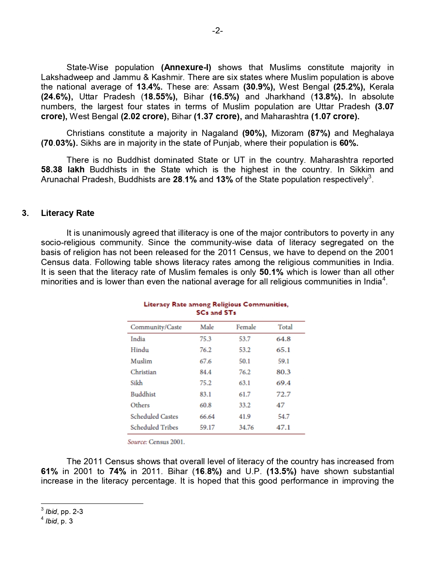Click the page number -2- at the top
(x=217, y=31)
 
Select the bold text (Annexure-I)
(x=186, y=67)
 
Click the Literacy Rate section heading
(x=68, y=213)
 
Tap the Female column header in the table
(x=246, y=327)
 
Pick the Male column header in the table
(x=207, y=327)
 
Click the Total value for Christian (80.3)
(x=283, y=372)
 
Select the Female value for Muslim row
(x=244, y=361)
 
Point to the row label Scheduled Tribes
(x=154, y=427)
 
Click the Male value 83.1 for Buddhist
(x=205, y=394)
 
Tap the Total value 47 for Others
(x=280, y=405)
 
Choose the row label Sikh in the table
(x=136, y=383)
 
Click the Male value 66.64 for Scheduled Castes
(x=207, y=416)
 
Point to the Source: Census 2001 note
(x=156, y=442)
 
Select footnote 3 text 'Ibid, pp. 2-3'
(x=64, y=512)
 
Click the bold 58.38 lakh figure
(x=63, y=170)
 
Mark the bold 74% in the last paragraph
(x=118, y=471)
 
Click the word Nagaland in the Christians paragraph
(x=219, y=133)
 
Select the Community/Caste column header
(x=156, y=327)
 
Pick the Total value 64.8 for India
(x=283, y=339)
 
